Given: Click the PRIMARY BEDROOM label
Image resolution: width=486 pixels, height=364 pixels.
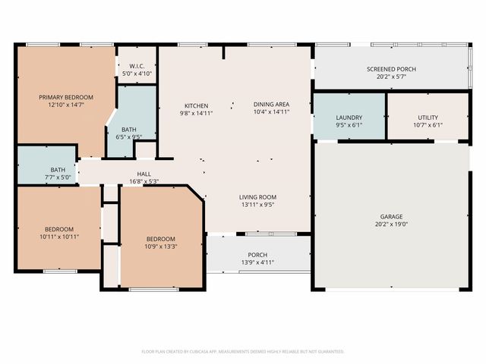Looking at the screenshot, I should coord(67,97).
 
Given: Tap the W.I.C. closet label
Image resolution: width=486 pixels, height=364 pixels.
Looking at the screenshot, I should coord(137,66).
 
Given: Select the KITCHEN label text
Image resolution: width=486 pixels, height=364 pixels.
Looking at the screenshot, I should coord(196,105).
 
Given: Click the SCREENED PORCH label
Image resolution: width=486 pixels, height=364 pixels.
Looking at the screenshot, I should coord(391,69).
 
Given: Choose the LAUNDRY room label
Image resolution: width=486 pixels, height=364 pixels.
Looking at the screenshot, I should coord(349,118).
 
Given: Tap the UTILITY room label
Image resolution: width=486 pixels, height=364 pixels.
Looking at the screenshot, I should coord(428,118).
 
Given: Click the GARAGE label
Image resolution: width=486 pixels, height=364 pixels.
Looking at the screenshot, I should coord(391,216).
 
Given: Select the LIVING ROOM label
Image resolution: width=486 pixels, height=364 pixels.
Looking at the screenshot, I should coord(258,197).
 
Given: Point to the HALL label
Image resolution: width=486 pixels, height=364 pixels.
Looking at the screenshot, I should coord(144,174).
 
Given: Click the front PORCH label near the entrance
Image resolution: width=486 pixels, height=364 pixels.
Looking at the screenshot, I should coord(257,255).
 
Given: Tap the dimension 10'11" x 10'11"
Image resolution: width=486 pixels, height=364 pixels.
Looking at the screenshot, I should coord(58,237).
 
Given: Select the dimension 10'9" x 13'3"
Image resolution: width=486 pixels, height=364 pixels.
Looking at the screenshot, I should coord(160,246).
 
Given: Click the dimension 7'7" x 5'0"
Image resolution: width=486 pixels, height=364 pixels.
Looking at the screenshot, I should coord(58,177).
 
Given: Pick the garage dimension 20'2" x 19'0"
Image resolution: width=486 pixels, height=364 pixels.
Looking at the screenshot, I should coord(391,224).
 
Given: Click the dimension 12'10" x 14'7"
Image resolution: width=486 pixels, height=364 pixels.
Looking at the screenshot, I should coord(67,105).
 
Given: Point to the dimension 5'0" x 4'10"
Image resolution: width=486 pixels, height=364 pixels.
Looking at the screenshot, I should coord(137,74).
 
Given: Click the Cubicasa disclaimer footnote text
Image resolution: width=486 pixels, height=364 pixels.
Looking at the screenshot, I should coord(243,351).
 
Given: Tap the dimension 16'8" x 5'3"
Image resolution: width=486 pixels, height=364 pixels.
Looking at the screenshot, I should coord(144,182).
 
